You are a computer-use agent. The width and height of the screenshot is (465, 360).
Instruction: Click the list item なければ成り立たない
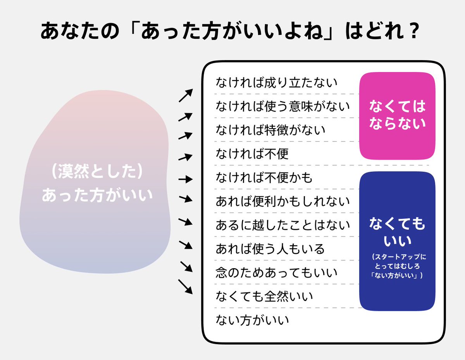coord(277,82)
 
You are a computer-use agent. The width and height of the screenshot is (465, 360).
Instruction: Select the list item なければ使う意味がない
coord(283,106)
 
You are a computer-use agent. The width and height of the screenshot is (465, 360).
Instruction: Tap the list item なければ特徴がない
coord(270,130)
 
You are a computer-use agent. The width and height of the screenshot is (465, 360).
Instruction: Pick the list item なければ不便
coord(252,154)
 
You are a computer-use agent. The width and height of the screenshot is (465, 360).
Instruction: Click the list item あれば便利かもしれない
coord(283,202)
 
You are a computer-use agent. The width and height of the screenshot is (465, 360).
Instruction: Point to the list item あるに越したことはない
coord(283,225)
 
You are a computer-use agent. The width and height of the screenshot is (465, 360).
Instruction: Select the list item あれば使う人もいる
coord(270,249)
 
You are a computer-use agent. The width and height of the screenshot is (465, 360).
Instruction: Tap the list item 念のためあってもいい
coord(277,273)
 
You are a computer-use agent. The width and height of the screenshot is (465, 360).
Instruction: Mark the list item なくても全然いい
coord(264,297)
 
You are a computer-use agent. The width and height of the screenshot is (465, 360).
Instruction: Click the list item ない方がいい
coord(252,320)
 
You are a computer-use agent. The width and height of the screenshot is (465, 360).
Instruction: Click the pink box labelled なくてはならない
coord(397,115)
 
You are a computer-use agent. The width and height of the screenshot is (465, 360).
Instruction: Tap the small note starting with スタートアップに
coord(397,266)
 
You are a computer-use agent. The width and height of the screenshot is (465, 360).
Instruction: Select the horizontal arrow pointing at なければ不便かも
coord(186,179)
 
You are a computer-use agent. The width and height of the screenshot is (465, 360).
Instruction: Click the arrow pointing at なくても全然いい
coord(186,287)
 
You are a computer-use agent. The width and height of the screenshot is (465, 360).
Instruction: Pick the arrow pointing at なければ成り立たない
coord(186,95)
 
